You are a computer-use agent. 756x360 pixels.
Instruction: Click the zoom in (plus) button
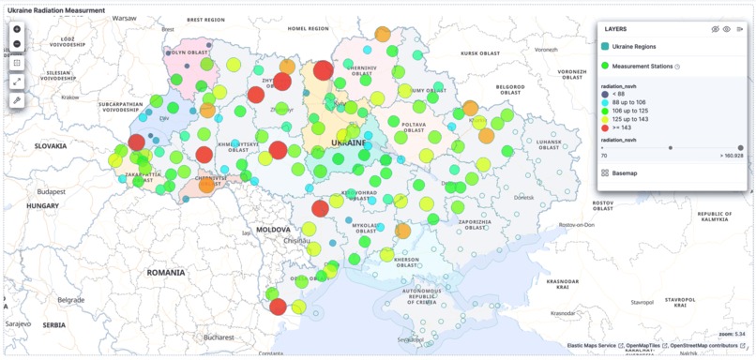(17, 29)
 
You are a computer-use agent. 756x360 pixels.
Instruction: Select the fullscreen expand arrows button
(17, 82)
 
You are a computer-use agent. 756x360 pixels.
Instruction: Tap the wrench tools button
(17, 99)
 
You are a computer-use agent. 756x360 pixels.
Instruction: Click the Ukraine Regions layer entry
(634, 46)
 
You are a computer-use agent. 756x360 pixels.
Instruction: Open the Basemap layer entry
(624, 172)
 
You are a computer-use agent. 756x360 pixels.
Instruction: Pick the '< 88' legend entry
(619, 94)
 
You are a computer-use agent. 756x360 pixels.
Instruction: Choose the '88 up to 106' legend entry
(628, 102)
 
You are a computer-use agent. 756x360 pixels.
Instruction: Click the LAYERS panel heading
(616, 29)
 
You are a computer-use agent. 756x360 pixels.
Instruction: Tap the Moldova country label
(273, 229)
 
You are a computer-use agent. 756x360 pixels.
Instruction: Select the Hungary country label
(42, 205)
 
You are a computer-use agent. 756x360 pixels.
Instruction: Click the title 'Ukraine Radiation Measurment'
(55, 9)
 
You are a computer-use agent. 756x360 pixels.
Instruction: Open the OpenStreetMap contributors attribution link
(703, 346)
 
